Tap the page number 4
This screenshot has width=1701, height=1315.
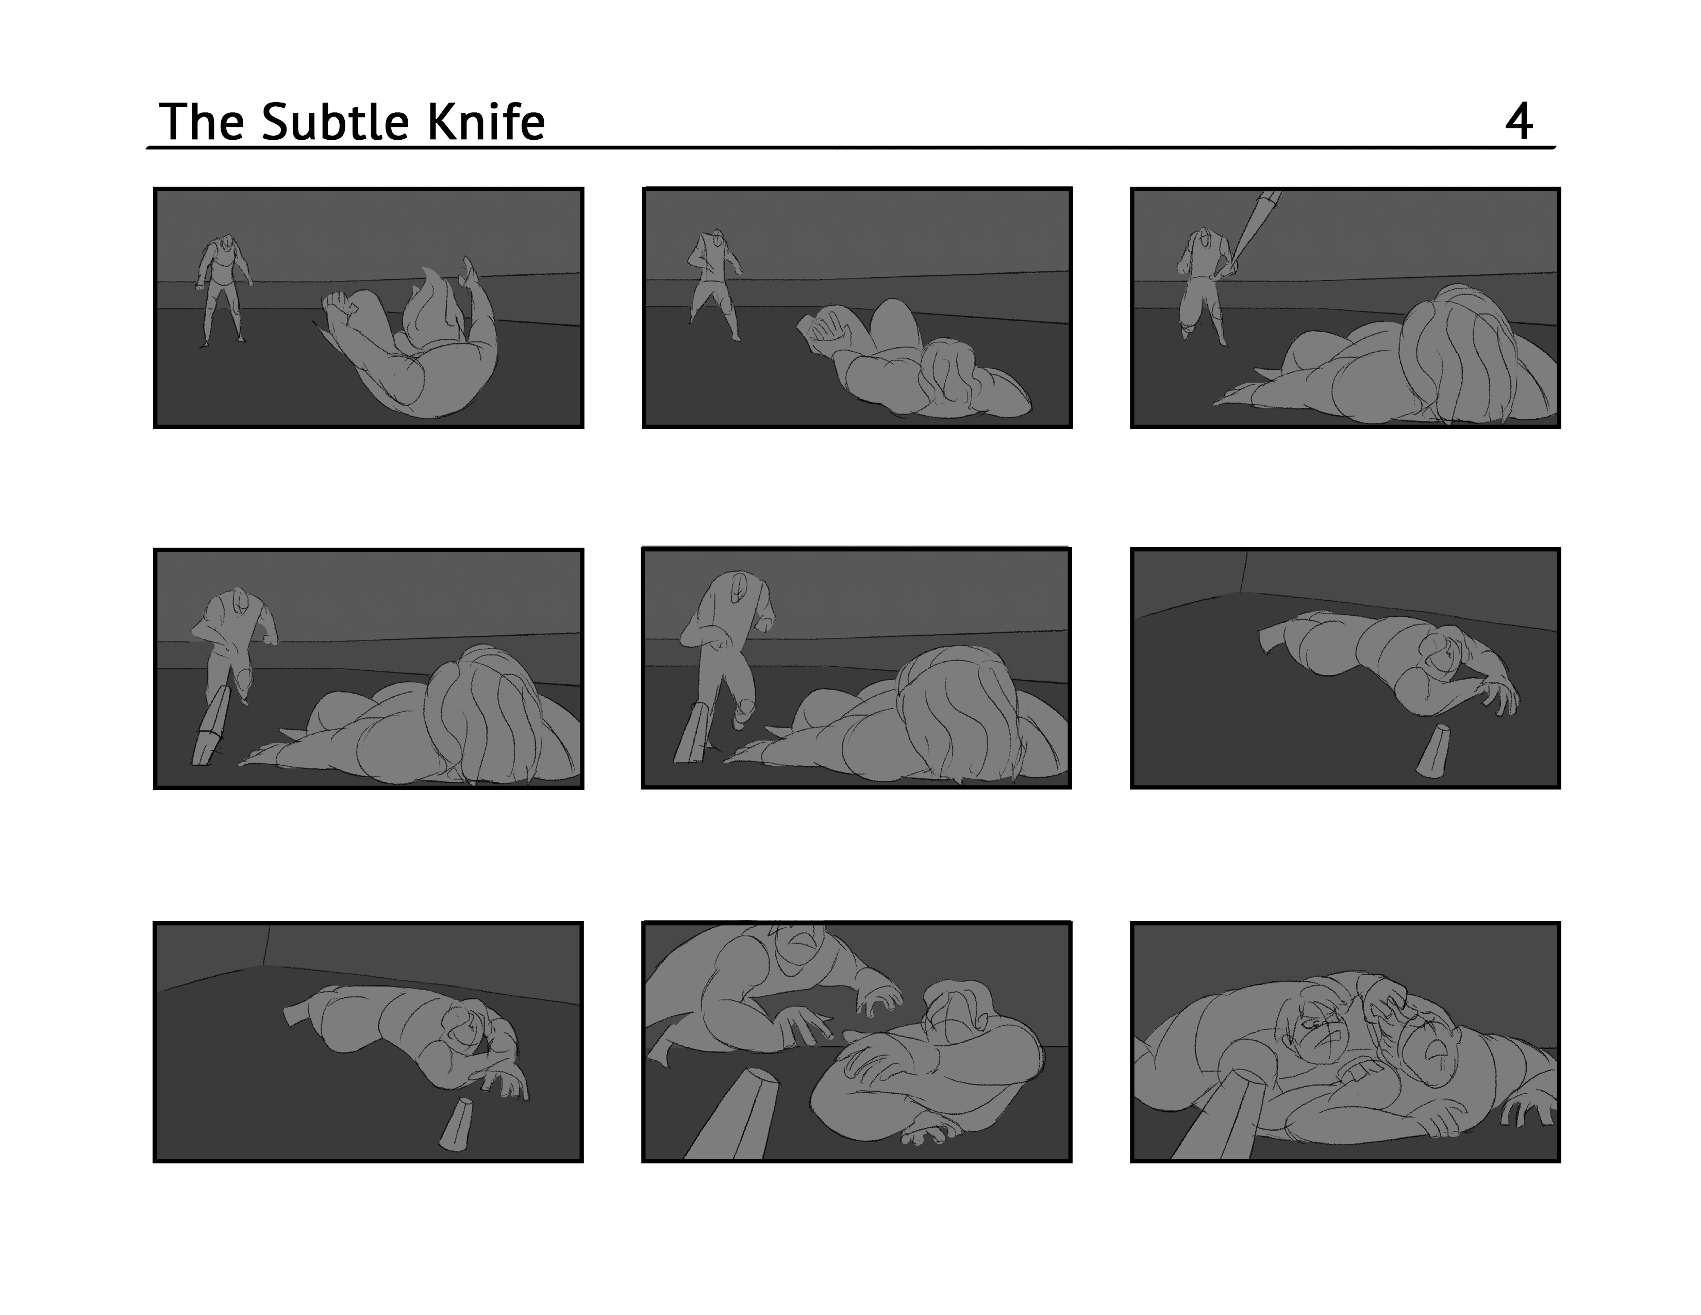(1519, 122)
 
